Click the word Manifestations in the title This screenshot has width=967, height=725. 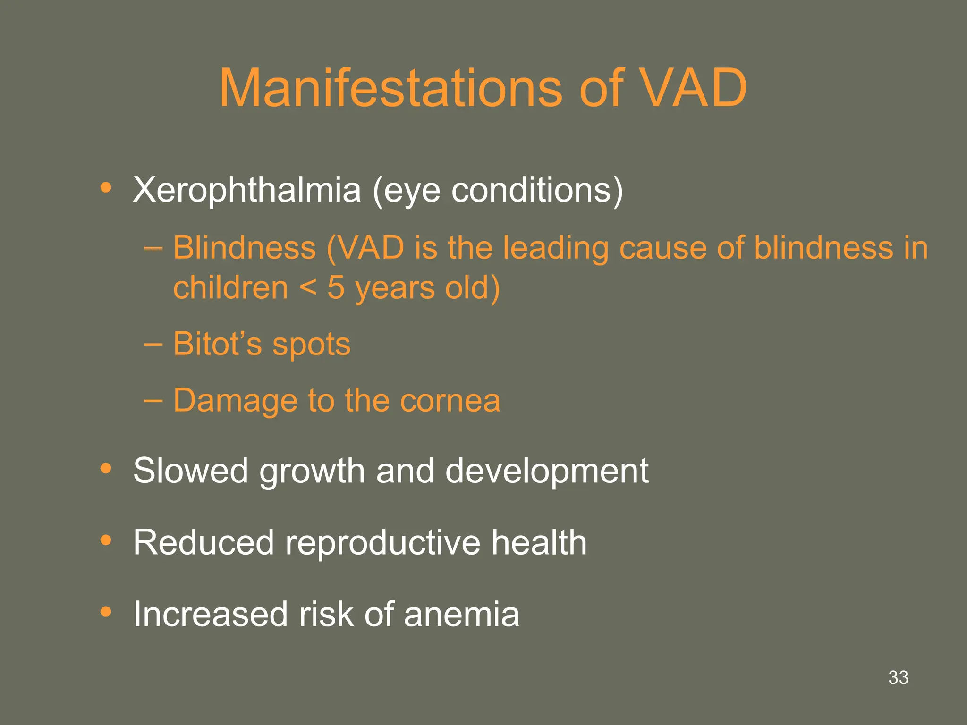pos(390,88)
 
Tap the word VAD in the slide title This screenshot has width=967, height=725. pos(693,88)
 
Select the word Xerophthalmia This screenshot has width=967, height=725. pos(246,190)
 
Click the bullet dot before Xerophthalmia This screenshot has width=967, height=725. pos(106,188)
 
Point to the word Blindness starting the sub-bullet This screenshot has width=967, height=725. pos(244,247)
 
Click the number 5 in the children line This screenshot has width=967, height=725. pos(336,287)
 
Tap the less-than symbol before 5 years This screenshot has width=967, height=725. pos(307,287)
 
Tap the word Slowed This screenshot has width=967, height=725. pos(190,471)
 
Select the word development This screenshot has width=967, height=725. pos(547,472)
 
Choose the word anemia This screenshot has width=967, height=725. pos(461,614)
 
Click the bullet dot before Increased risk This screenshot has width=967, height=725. pos(106,612)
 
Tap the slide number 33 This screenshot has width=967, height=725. pos(898,678)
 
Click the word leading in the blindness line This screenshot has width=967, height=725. pos(555,248)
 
